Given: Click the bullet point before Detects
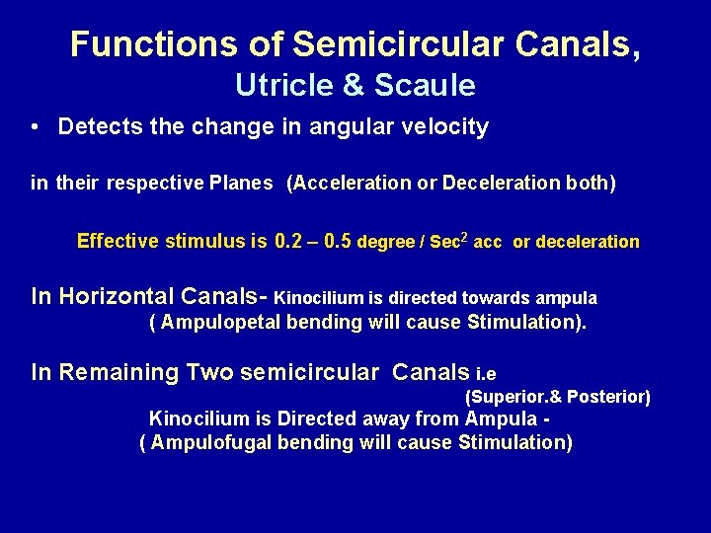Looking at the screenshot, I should (35, 127).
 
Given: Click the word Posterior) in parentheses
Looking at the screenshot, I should (609, 398).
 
